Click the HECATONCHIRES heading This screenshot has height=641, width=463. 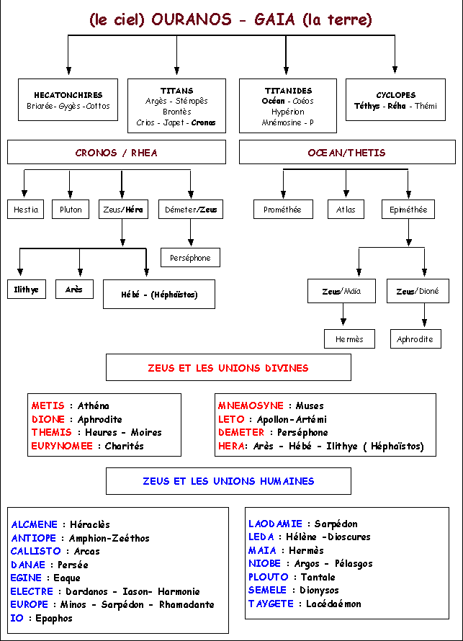68,95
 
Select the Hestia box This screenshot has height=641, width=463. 25,210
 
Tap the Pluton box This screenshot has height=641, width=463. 71,210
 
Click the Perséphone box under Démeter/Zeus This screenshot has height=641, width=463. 190,258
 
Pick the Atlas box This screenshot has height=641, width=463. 346,210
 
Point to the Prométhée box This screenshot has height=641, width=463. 283,210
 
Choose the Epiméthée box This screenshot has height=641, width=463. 408,210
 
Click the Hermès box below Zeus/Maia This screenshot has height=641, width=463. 349,339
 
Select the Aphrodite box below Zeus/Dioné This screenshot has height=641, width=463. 415,339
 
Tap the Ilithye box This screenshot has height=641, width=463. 27,290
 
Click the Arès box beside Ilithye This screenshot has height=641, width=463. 74,290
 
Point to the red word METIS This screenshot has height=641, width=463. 48,405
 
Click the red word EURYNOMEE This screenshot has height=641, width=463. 62,446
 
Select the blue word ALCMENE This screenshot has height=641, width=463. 35,524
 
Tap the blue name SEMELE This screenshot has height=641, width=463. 268,590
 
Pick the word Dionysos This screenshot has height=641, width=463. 319,590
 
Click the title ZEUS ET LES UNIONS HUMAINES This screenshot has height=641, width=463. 228,481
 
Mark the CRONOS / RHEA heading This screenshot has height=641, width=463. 117,153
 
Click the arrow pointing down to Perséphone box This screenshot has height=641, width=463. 190,232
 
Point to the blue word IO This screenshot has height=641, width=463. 17,618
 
